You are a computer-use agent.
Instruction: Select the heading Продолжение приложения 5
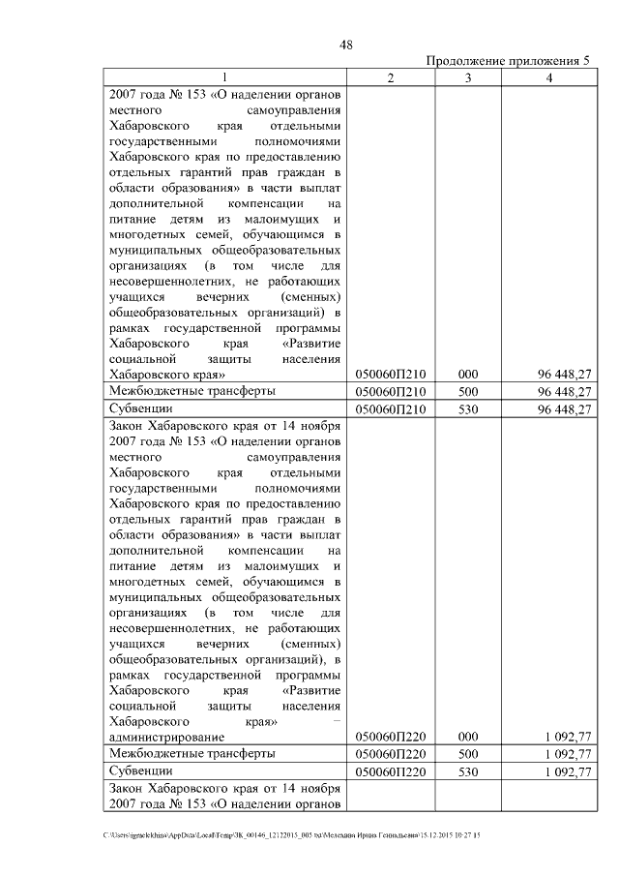coord(508,61)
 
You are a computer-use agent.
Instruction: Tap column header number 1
coord(226,77)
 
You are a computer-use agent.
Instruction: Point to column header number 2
coord(390,77)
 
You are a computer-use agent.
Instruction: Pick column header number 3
coord(467,77)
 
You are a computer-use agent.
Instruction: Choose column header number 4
coord(548,77)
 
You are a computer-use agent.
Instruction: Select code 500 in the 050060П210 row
coord(468,391)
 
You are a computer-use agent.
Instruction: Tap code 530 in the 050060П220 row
coord(468,771)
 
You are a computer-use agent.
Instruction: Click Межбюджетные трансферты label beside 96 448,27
coord(192,391)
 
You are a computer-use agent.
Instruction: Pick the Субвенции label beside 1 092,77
coord(141,771)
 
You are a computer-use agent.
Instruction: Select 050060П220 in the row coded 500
coord(392,753)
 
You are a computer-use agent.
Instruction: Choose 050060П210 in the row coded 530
coord(392,409)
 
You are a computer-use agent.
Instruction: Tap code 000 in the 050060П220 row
coord(468,736)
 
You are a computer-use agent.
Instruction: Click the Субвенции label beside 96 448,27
coord(141,409)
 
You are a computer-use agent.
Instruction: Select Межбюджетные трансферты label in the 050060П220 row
coord(192,753)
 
